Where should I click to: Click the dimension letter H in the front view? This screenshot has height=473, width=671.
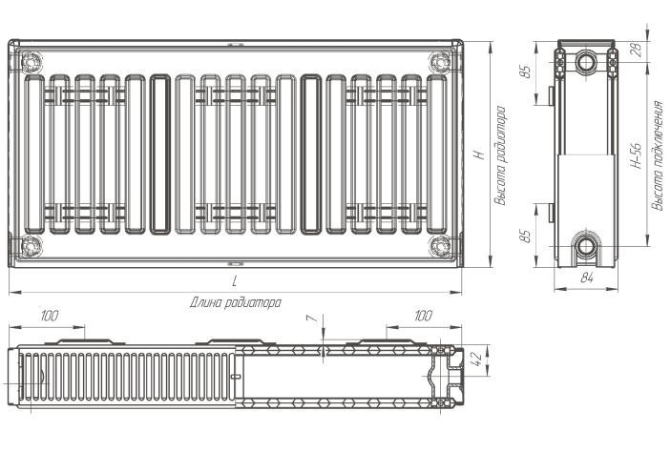[x=481, y=154]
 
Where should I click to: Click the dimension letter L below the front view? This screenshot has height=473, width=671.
[x=235, y=281]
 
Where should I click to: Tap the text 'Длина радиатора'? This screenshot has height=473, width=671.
[x=236, y=302]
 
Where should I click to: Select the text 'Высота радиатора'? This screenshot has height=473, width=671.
[x=500, y=155]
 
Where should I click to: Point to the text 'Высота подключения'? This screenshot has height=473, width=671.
[x=658, y=155]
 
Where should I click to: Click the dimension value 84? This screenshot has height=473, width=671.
[x=587, y=278]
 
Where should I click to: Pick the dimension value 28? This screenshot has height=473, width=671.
[x=638, y=51]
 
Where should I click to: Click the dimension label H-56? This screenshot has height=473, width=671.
[x=638, y=155]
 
